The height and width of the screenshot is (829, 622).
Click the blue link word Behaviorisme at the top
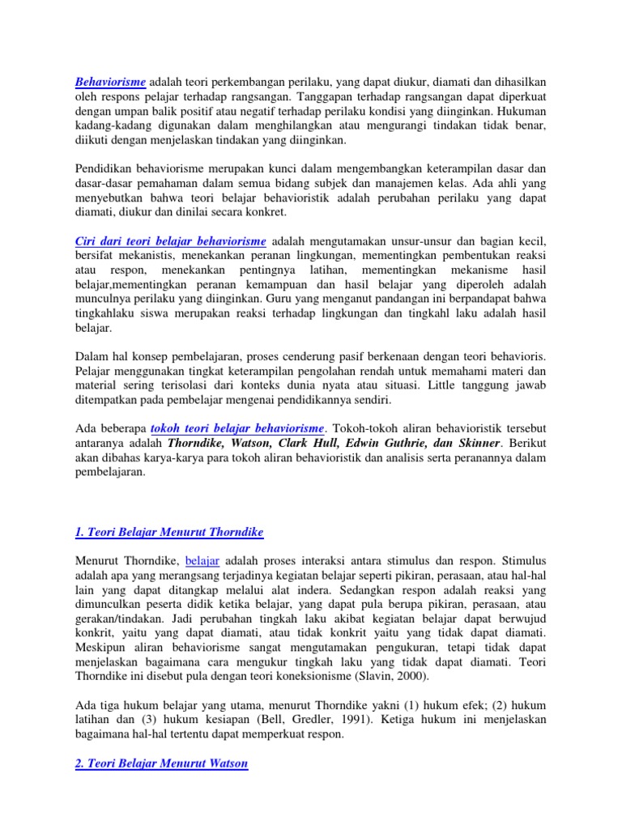[110, 82]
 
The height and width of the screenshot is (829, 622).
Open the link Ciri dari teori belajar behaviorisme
[170, 242]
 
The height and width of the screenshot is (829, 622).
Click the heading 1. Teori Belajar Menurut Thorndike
[169, 532]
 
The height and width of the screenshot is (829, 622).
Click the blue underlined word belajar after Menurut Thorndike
[202, 559]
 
